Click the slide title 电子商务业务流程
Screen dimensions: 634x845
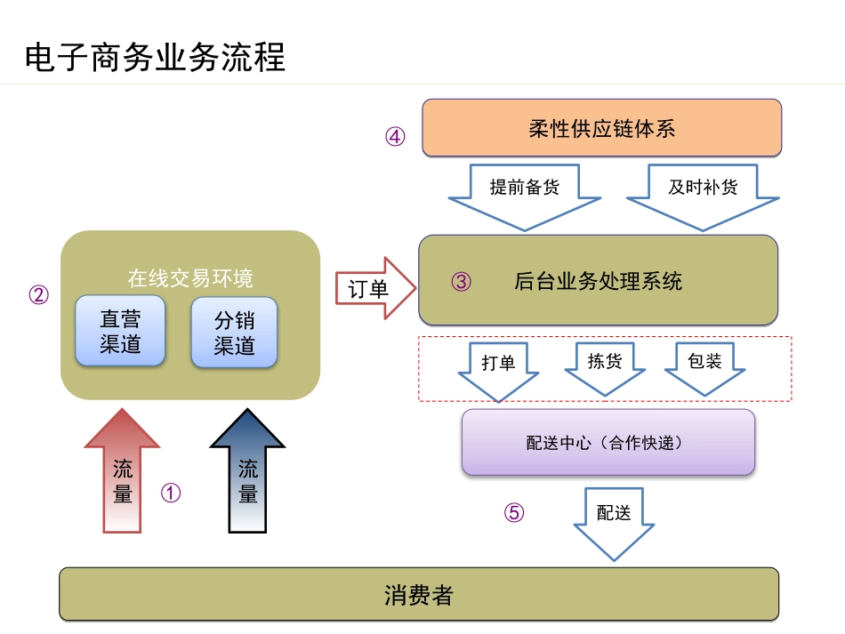coord(155,58)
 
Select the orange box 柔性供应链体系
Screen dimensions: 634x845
coord(601,128)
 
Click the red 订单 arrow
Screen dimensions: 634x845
coord(374,288)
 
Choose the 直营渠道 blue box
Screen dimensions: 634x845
coord(120,331)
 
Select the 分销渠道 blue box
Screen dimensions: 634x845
coord(235,332)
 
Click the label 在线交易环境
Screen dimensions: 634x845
coord(189,278)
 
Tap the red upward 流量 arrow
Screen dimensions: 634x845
coord(122,476)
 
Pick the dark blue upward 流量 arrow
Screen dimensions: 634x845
coord(247,476)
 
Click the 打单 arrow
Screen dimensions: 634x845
coord(498,366)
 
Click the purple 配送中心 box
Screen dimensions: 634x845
coord(608,442)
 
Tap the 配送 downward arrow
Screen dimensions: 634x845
coord(614,519)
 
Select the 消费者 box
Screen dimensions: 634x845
coord(419,594)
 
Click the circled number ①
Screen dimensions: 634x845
coord(171,493)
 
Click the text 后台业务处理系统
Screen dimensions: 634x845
coord(598,282)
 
